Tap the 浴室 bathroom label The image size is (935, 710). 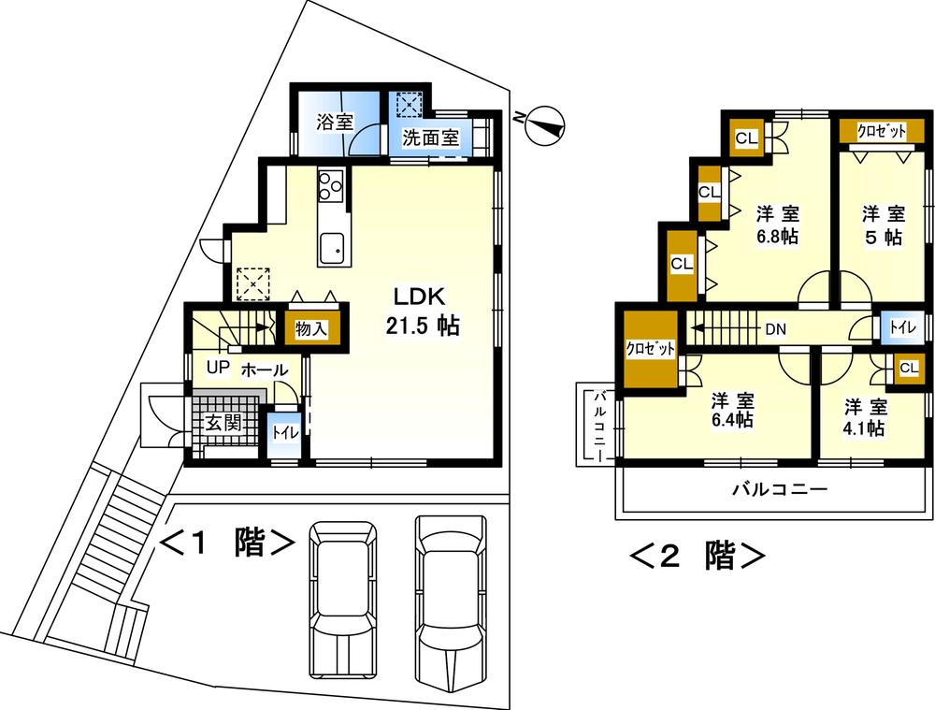334,123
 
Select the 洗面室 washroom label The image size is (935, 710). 430,138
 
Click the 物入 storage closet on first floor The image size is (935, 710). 311,328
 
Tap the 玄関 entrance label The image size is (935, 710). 225,423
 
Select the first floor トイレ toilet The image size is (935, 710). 283,434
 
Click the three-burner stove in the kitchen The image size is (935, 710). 331,186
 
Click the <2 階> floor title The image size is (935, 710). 697,556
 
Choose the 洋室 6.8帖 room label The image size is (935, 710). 777,225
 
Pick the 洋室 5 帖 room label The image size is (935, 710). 882,225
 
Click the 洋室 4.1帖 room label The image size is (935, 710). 865,417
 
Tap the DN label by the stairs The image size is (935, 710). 775,329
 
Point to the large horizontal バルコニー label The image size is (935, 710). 778,489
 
